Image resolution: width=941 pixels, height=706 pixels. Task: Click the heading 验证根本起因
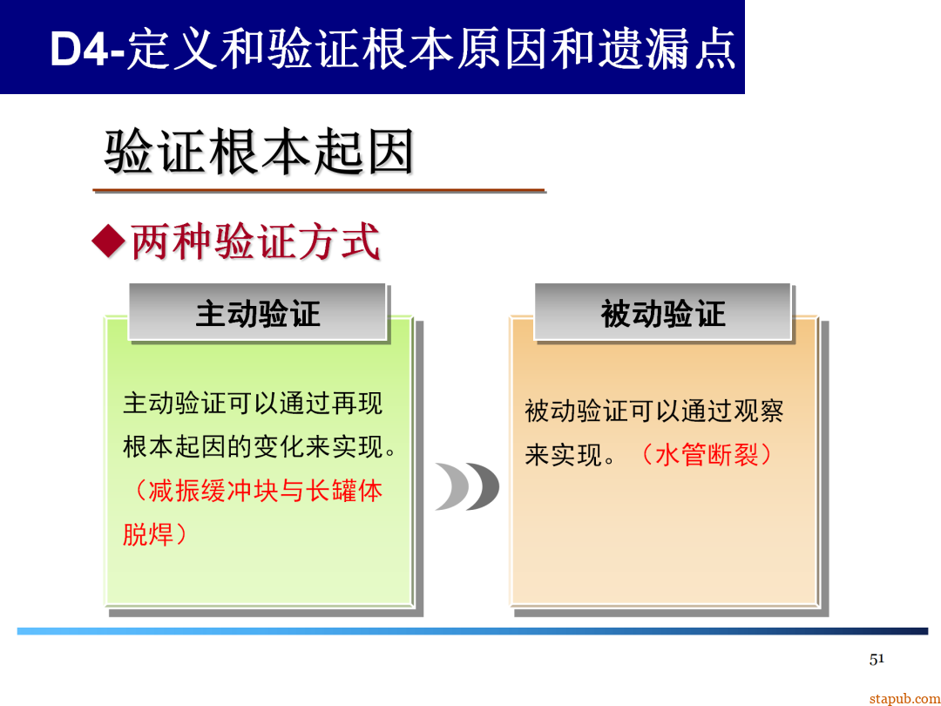click(x=259, y=153)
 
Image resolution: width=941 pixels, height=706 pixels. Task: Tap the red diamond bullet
click(x=109, y=241)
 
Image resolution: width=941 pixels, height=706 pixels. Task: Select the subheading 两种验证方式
click(x=255, y=241)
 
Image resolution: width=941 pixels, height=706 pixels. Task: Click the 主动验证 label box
click(x=258, y=313)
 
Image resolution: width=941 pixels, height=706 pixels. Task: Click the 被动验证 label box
click(x=662, y=313)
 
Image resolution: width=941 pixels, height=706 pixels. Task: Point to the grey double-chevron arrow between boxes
click(x=467, y=486)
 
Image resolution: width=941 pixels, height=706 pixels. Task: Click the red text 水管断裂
click(x=706, y=454)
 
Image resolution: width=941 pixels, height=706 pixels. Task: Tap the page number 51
click(x=877, y=659)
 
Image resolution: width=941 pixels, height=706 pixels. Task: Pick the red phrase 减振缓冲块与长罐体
click(x=265, y=490)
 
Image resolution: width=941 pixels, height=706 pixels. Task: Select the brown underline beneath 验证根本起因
click(x=319, y=190)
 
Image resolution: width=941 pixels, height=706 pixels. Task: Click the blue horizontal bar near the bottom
click(x=470, y=631)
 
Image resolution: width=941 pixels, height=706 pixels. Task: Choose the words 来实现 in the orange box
click(x=564, y=454)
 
